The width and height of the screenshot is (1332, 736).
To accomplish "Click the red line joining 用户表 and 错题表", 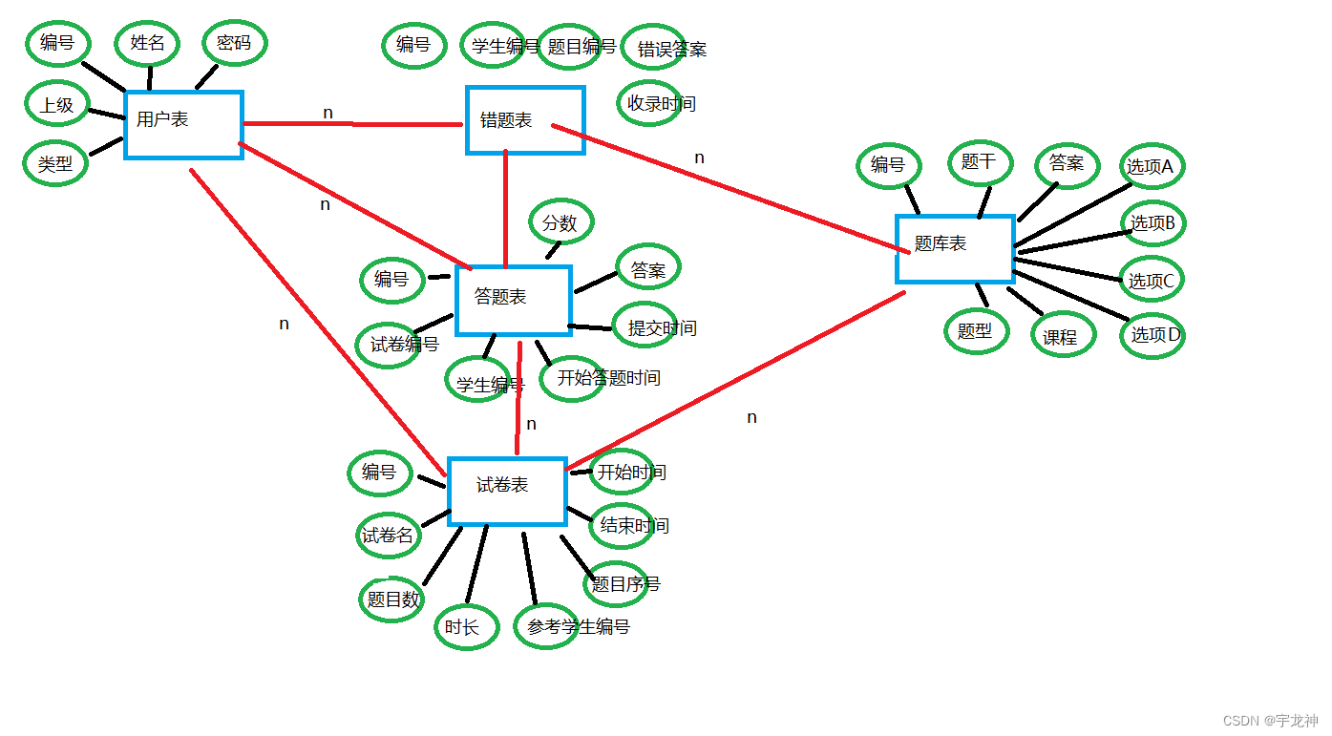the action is coord(352,124).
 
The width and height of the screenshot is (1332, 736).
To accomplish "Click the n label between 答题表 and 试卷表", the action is coord(532,425).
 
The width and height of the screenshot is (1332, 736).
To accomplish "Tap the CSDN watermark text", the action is coord(1270,721).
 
